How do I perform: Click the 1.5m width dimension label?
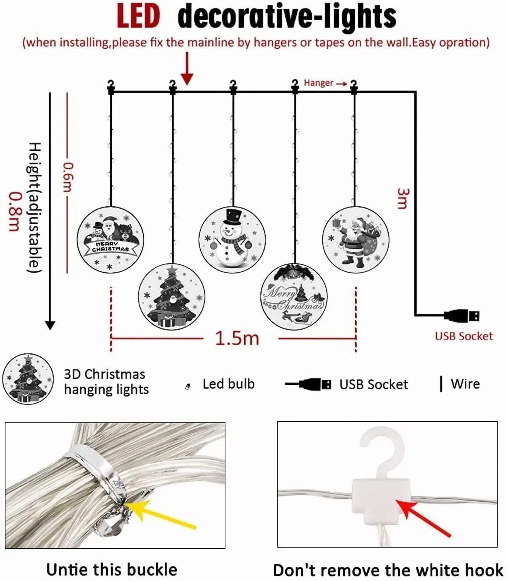click(x=237, y=339)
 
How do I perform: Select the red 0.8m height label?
click(x=14, y=211)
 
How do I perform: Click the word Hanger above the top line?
click(x=318, y=83)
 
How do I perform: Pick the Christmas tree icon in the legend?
click(x=28, y=379)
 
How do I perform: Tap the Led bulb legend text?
click(x=228, y=384)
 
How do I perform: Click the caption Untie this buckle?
click(x=112, y=569)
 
